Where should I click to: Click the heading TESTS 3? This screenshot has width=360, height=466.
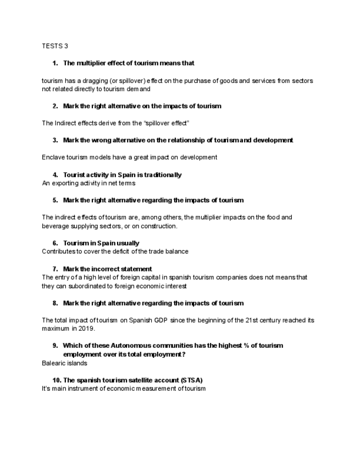(54, 46)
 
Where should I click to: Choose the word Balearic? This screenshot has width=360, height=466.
(54, 363)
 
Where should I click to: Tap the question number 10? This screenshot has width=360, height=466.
(57, 380)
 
